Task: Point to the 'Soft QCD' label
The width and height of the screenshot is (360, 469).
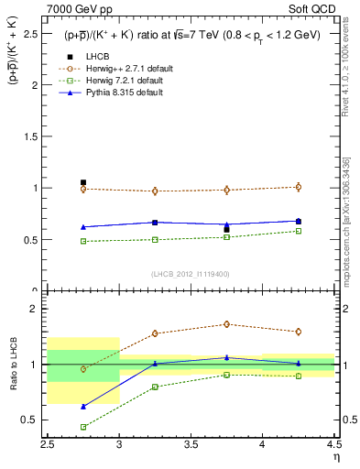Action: (x=317, y=8)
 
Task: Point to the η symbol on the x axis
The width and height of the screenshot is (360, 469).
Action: (x=335, y=456)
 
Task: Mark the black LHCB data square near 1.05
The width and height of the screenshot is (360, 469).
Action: (x=83, y=182)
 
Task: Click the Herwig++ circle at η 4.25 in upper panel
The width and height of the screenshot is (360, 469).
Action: (x=298, y=187)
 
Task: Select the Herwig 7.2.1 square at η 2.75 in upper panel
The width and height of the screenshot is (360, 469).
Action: (x=83, y=241)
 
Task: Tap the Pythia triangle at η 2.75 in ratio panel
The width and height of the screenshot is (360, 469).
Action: (x=83, y=406)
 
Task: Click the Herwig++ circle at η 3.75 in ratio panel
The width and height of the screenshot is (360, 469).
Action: (x=227, y=324)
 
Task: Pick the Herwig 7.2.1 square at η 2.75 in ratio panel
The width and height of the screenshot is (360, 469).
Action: (x=83, y=427)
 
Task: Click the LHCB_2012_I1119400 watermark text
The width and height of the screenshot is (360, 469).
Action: (x=191, y=274)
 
